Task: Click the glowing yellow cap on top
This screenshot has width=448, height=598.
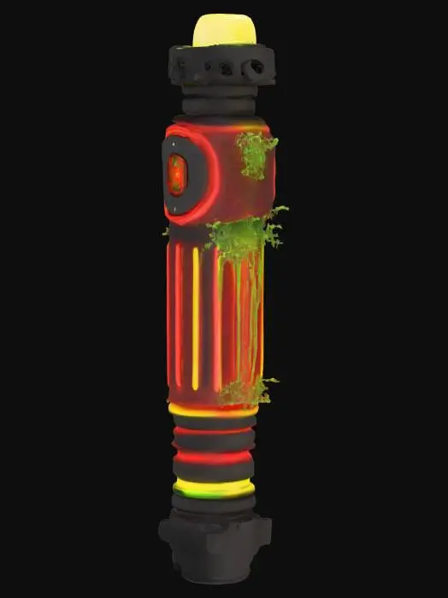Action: [x=224, y=30]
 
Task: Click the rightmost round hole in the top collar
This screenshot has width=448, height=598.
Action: [x=255, y=68]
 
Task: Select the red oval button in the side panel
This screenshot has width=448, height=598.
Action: [x=176, y=175]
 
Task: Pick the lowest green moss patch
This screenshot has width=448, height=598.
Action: [x=246, y=391]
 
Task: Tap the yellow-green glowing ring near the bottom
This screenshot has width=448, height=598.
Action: [x=213, y=489]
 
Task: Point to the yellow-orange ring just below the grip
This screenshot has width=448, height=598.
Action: [x=213, y=412]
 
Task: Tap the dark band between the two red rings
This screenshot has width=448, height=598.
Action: [x=213, y=442]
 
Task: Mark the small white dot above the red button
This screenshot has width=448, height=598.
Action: [x=174, y=145]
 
